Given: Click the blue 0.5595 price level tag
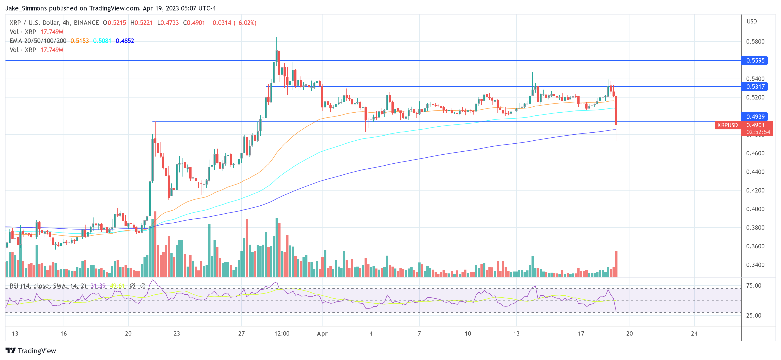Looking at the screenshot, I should coord(755,60).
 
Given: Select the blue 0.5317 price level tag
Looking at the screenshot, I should coord(755,87).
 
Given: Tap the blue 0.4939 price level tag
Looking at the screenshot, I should coord(755,117).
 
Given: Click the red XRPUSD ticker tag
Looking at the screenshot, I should coord(727,125).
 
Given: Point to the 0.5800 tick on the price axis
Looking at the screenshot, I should coord(755,42).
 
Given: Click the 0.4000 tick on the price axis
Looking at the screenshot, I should coord(755,209).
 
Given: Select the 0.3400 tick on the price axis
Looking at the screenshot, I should coord(755,265).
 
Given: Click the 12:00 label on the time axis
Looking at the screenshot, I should coord(282,334).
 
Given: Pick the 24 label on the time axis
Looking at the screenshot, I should coord(694,334).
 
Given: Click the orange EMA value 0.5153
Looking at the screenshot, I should coord(80,41).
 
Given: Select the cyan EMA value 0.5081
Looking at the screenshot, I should coord(102,41).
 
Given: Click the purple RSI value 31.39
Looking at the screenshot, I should coord(98,286).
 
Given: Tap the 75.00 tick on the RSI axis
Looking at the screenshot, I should coord(753,286).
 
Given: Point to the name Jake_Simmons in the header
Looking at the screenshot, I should coord(26,8).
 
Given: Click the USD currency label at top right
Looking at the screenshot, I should coord(751,22).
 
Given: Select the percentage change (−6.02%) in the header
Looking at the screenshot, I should coord(245,23).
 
